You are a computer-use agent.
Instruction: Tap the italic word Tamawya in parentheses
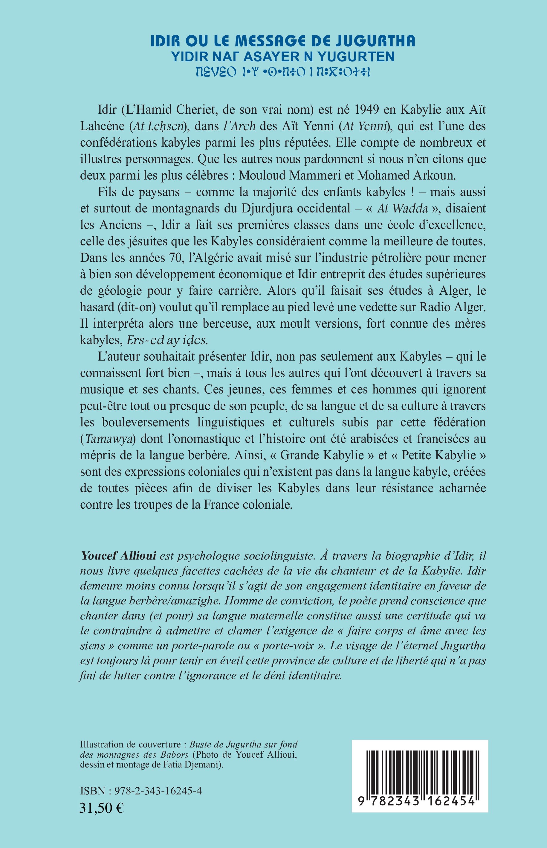[x=108, y=440]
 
